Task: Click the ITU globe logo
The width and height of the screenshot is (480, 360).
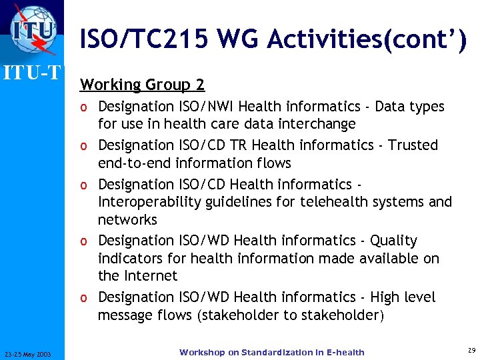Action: (31, 30)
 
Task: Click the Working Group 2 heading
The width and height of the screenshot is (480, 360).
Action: (142, 85)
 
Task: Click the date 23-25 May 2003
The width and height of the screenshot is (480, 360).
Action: (32, 353)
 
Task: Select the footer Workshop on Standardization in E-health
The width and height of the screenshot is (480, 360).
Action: (271, 352)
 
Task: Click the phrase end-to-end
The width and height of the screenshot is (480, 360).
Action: (133, 163)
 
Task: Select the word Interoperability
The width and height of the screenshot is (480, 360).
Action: (145, 201)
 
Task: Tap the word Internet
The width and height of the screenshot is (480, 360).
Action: (151, 276)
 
